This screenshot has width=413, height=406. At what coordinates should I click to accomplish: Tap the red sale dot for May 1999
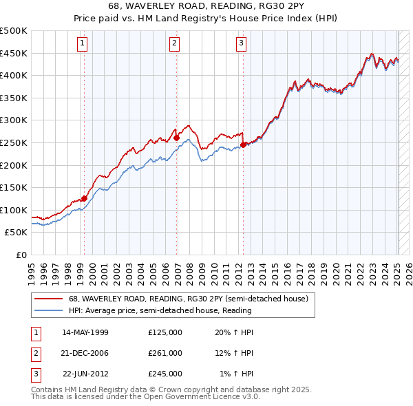(84, 198)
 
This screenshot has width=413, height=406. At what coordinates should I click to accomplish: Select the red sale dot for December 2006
(177, 138)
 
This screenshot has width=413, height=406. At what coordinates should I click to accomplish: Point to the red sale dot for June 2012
(244, 145)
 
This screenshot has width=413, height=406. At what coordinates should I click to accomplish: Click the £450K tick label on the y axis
(14, 53)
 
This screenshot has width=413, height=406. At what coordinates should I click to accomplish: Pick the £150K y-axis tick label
(14, 187)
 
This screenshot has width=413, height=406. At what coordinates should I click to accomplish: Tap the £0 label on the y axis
(21, 255)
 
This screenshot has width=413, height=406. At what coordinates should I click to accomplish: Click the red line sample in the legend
(48, 299)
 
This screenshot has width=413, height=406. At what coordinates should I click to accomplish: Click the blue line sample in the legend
(48, 310)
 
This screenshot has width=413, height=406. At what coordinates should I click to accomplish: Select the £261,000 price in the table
(165, 353)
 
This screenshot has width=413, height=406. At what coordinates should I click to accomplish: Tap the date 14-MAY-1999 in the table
(85, 332)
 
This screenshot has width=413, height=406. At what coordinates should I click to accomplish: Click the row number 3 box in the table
(34, 374)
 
